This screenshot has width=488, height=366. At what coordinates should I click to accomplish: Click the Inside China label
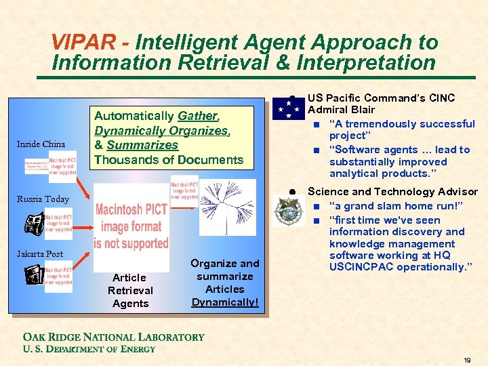(x=41, y=144)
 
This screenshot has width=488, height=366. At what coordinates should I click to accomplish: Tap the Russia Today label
(x=43, y=199)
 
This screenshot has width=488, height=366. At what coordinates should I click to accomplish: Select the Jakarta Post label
(x=40, y=254)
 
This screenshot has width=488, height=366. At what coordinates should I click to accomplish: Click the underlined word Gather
(x=197, y=116)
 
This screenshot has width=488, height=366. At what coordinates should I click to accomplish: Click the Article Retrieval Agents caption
(x=130, y=290)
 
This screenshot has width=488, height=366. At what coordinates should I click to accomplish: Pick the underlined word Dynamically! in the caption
(x=225, y=302)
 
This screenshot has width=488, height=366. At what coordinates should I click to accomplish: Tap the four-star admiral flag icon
(x=288, y=108)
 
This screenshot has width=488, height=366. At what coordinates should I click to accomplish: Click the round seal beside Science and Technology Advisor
(x=287, y=211)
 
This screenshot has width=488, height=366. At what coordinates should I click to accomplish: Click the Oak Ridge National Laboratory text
(x=113, y=337)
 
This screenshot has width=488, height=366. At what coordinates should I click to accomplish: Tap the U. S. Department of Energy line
(x=89, y=348)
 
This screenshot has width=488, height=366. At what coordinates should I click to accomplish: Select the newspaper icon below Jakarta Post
(x=35, y=275)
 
